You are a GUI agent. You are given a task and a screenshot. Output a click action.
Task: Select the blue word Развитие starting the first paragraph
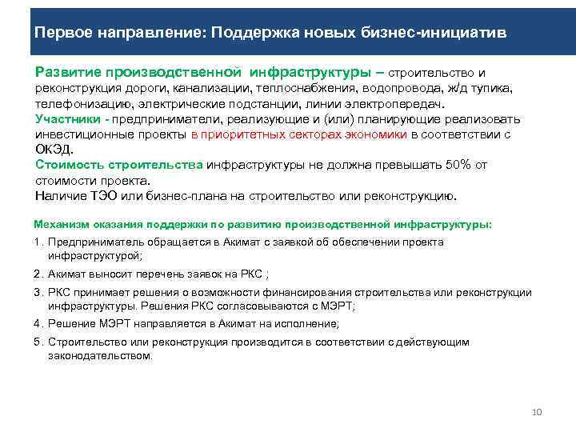[x=63, y=72]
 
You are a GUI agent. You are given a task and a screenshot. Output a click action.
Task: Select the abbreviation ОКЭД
[x=54, y=150]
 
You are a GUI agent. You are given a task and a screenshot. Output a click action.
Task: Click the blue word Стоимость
[x=68, y=165]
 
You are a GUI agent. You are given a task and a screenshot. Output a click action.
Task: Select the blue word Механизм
[x=58, y=225]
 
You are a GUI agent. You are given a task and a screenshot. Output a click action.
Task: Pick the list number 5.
[x=38, y=342]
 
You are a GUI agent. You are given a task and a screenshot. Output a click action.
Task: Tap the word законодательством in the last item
[x=99, y=356]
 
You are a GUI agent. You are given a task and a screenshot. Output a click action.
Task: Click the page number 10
[x=537, y=412]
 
